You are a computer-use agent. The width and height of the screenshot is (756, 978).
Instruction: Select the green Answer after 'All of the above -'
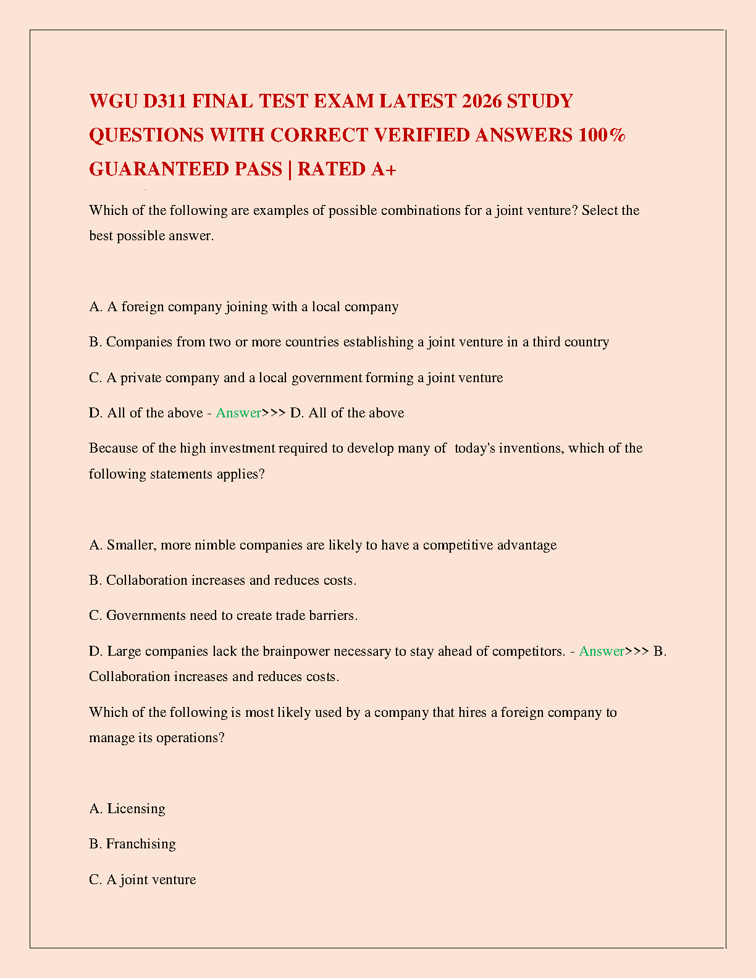coord(238,413)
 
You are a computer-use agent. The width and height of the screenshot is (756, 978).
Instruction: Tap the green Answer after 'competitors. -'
coord(602,651)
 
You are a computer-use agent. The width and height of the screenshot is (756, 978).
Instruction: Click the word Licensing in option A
coord(136,809)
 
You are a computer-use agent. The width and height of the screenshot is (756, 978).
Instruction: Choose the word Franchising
coord(141,844)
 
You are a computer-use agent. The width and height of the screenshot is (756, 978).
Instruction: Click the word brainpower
coord(296,651)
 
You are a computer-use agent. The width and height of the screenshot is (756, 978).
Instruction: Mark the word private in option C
coord(140,378)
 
